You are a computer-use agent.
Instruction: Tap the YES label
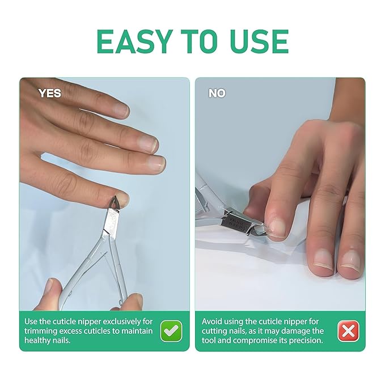click(49, 94)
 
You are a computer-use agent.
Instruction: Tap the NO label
click(217, 94)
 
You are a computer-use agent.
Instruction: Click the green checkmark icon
click(171, 331)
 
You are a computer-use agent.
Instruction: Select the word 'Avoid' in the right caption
click(214, 321)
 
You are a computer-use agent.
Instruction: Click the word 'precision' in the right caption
click(304, 340)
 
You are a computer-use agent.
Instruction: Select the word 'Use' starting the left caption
click(32, 321)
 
